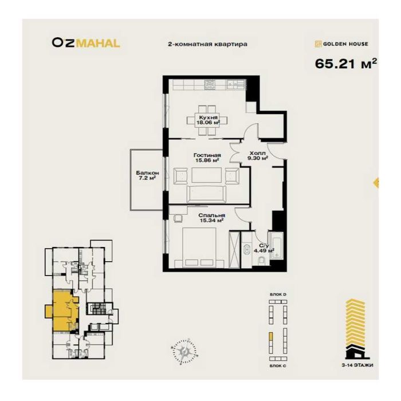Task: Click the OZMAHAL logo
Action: coord(85,42)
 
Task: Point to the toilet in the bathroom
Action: coord(261,261)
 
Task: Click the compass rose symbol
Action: coord(184,349)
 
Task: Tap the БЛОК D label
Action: coord(277,294)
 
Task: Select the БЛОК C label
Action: coord(277,364)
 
